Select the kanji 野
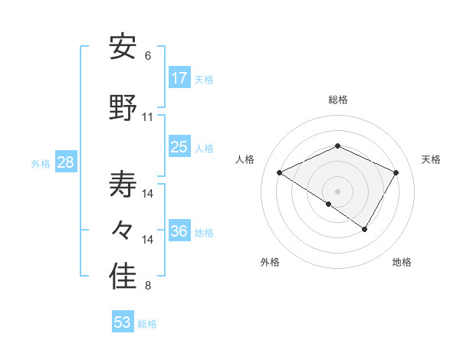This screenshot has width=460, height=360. tap(123, 108)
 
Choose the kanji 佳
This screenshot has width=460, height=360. tap(123, 277)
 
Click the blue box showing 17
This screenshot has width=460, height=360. tap(179, 78)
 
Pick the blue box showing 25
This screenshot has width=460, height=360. tap(179, 147)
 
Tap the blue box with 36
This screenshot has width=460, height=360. tap(179, 231)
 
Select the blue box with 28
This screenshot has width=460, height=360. tap(64, 162)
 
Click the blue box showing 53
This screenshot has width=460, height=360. tap(122, 322)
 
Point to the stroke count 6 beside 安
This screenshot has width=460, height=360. tap(148, 56)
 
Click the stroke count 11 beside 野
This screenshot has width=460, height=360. tap(148, 117)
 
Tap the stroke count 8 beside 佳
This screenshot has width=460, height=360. tap(148, 286)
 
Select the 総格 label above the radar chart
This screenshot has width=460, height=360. tap(337, 100)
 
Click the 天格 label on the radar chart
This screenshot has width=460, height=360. tap(432, 159)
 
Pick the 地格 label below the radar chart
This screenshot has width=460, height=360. tap(402, 262)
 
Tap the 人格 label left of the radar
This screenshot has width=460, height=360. tap(245, 159)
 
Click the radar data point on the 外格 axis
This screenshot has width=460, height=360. tap(329, 205)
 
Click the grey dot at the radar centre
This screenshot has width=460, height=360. tap(337, 191)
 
